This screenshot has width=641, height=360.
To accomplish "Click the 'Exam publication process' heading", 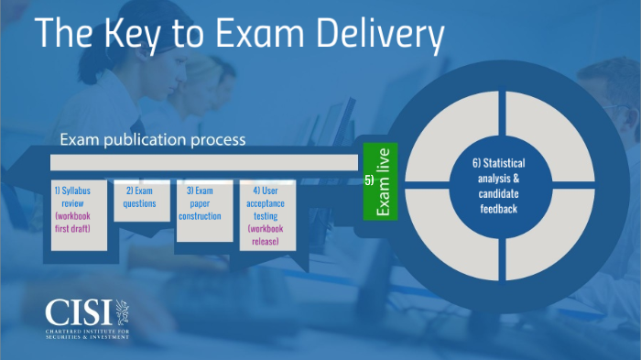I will [x=153, y=140].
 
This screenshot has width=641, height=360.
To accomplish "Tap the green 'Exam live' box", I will [x=384, y=181].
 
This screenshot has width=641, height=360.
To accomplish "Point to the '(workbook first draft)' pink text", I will [x=79, y=222].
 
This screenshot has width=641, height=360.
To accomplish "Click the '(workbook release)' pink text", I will [x=267, y=235].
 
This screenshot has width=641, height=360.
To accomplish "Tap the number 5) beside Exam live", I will [x=368, y=181].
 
